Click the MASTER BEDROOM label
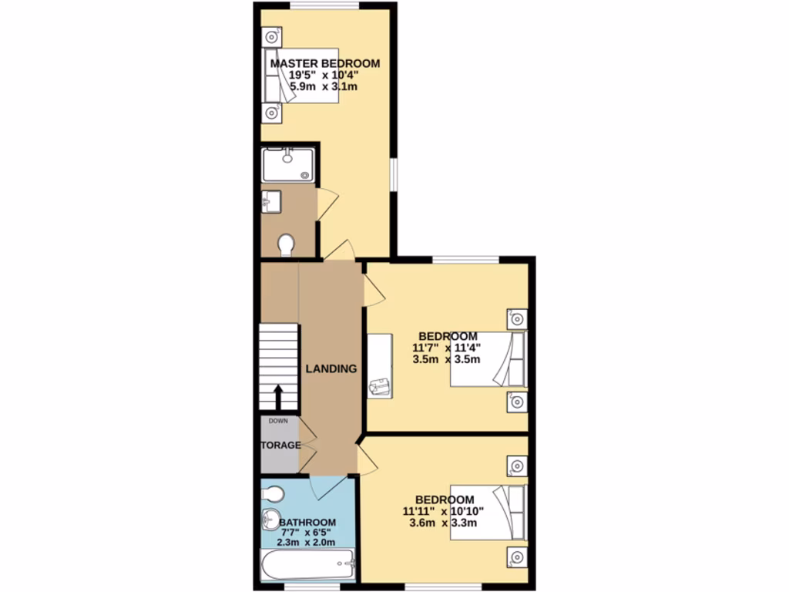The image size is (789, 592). pos(324,63)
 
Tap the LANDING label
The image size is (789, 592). pos(331,368)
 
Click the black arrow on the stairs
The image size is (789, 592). pos(278,396)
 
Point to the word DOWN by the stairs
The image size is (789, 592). pos(278,421)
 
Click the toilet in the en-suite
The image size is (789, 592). pos(286,244)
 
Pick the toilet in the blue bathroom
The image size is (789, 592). pos(274,493)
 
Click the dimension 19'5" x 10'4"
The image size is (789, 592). pos(324,76)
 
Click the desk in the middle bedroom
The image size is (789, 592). pos(380,365)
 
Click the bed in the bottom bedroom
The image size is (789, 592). pos(488,512)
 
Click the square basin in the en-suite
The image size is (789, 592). pos(271,203)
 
